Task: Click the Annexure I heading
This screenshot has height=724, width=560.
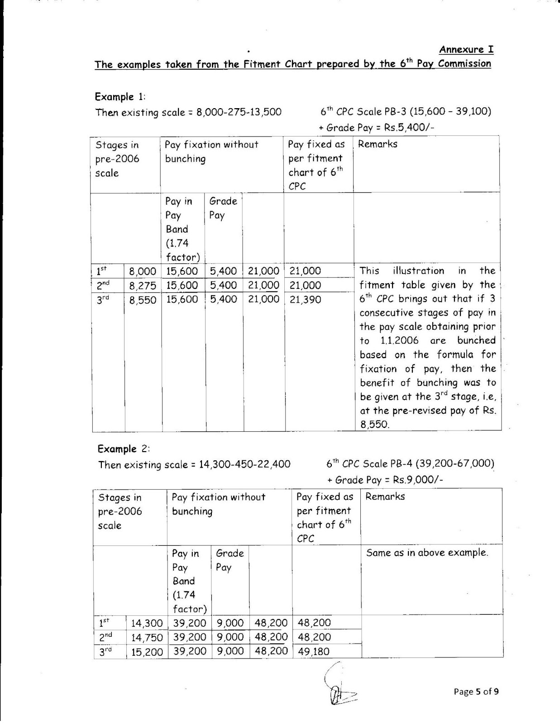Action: coord(466,50)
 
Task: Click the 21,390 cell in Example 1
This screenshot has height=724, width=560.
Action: coord(305,300)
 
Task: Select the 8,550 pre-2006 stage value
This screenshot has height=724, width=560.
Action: coord(143,300)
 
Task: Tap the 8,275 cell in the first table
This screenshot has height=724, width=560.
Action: coord(143,286)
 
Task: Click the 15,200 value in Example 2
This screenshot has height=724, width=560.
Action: coord(147,652)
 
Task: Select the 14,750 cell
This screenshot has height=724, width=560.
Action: coord(147,638)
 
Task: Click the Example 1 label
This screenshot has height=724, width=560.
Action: coord(120,97)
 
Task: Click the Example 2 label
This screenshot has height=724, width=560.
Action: coord(123,449)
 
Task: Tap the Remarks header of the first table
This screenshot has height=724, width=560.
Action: coord(378,144)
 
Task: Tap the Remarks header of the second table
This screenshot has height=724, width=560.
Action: coord(385,496)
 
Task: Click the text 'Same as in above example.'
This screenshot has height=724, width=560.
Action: coord(427,553)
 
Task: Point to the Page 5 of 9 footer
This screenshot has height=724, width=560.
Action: coord(476,691)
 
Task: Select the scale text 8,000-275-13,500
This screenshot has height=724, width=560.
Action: coord(239,112)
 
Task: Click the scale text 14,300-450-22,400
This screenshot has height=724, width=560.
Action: coord(244,464)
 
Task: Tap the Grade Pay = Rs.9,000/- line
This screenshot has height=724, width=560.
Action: coord(385,480)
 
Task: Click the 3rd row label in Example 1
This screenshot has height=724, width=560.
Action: coord(103,300)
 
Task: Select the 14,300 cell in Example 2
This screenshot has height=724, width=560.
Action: coord(147,623)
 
